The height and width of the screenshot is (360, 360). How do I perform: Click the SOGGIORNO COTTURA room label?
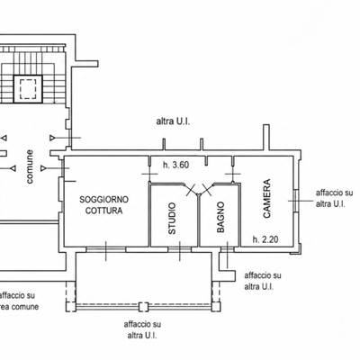point(104,205)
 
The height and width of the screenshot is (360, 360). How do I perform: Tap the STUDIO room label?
point(172,218)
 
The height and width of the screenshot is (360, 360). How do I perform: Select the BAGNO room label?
point(220,217)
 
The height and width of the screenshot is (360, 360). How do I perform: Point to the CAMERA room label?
point(266,198)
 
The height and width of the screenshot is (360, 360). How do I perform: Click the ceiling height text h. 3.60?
point(176,165)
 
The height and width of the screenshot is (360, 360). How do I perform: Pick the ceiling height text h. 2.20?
point(265,239)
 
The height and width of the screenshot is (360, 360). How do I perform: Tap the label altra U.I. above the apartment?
point(173,121)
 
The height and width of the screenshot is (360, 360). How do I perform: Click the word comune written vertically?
point(30,166)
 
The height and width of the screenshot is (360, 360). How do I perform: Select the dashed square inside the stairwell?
point(28,89)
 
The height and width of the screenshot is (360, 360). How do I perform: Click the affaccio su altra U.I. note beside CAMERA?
point(334,198)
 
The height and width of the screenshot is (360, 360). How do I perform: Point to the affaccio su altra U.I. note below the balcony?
point(142,329)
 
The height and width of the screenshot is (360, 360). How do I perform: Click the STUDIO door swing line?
point(193,189)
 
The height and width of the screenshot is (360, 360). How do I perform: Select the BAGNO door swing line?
point(205,189)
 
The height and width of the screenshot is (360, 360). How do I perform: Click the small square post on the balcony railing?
point(144,307)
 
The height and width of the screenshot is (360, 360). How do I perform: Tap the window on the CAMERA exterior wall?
point(295,201)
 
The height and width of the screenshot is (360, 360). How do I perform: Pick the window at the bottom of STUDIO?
point(179,249)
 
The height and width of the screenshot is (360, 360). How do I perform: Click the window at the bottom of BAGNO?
point(228,249)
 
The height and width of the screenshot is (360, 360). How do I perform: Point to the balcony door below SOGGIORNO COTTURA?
point(105,249)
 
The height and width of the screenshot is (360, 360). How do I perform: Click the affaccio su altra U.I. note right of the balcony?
point(263,281)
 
